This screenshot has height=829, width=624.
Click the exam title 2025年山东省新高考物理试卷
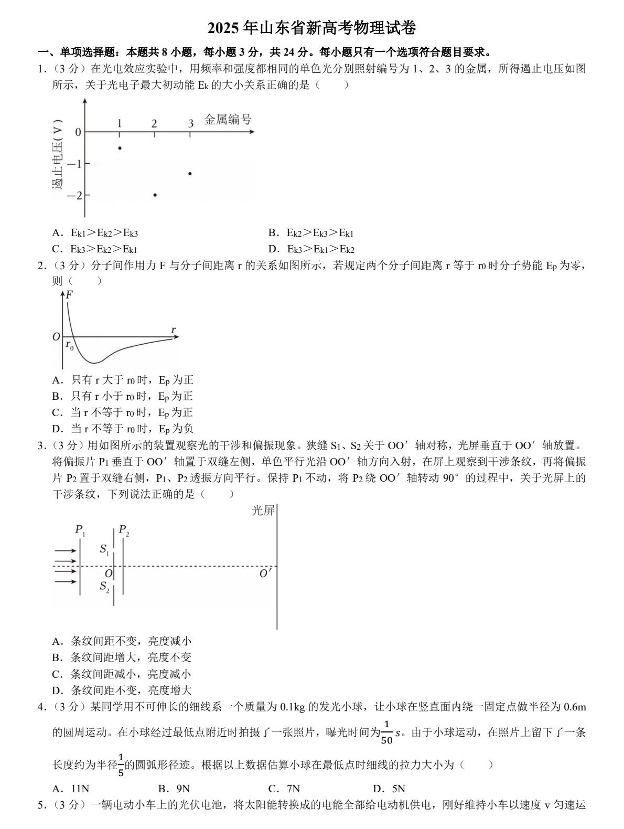click(312, 28)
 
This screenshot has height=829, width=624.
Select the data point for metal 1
click(120, 148)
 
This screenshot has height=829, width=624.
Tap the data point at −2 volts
click(155, 195)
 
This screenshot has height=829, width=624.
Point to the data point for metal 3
click(190, 173)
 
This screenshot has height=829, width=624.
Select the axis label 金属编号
click(228, 119)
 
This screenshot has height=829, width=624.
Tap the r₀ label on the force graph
click(69, 345)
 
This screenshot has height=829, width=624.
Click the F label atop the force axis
click(69, 295)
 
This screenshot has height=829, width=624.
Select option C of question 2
click(123, 412)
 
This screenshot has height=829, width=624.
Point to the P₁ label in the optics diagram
click(80, 530)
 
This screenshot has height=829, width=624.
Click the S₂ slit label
click(105, 587)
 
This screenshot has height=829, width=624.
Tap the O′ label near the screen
click(266, 573)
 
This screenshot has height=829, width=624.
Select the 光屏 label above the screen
click(263, 510)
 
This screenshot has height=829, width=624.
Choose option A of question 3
click(122, 641)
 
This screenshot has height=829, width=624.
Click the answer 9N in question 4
click(174, 789)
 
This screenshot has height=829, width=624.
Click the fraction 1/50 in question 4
click(386, 732)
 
